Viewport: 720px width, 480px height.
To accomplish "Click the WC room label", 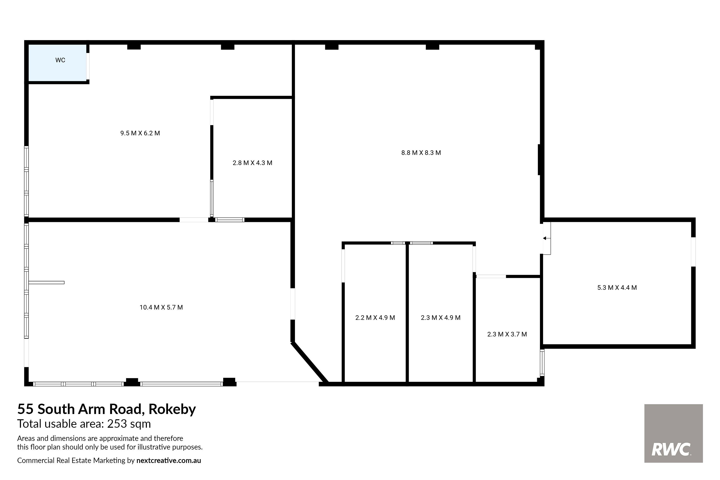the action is [60, 60].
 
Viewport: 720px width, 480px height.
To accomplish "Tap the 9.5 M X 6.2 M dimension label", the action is [140, 133].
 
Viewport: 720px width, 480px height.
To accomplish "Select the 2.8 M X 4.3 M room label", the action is [252, 163].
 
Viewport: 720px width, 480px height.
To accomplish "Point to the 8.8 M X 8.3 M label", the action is [421, 153].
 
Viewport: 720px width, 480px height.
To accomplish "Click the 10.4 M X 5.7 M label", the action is [161, 307].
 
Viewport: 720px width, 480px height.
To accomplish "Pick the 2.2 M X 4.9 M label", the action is [375, 318].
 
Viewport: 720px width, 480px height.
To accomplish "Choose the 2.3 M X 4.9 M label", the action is [441, 318].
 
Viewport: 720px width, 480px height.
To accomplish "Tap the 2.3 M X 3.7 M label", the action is [507, 334].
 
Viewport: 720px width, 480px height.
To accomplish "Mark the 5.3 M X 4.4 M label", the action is [617, 288].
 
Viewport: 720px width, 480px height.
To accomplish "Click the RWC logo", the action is [673, 433].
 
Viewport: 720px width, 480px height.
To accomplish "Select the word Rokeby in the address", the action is [172, 409].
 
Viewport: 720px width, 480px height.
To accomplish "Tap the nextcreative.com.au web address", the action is [169, 460].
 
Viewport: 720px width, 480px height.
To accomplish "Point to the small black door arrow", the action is [545, 238].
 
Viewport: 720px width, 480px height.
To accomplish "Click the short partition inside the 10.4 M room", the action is [47, 282].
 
